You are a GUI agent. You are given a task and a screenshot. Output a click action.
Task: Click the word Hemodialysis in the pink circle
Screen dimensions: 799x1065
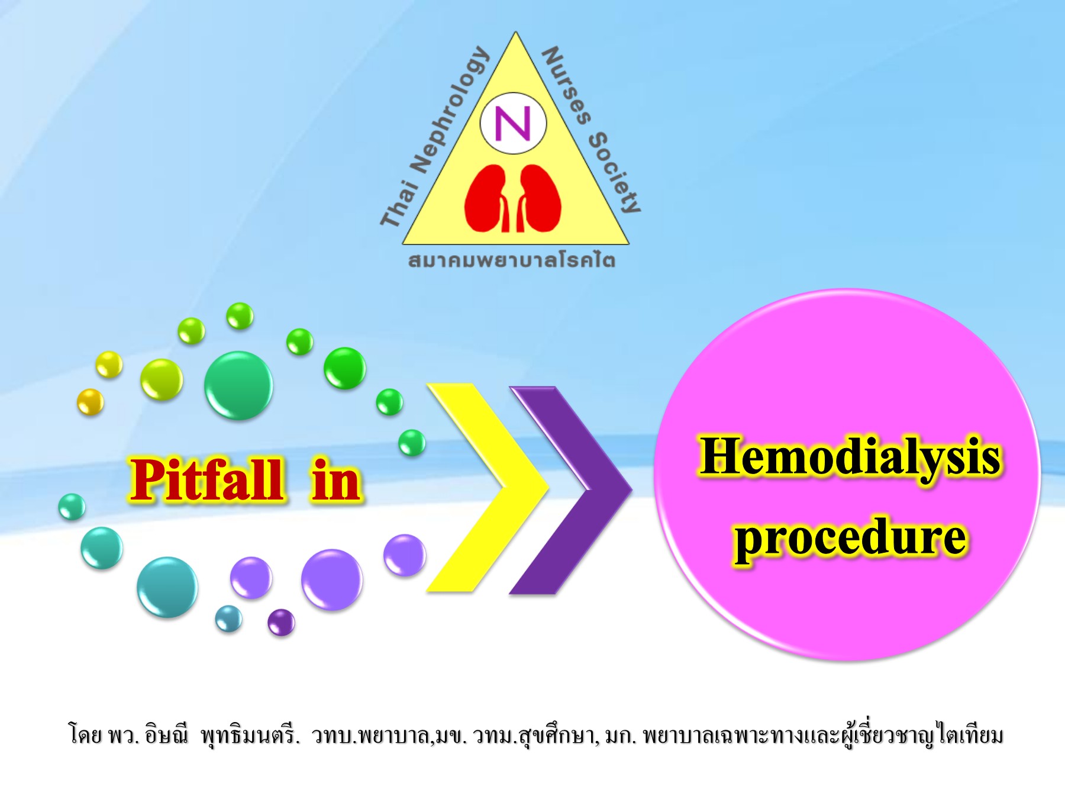(850, 458)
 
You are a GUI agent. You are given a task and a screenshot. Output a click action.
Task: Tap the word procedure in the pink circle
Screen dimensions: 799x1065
(850, 537)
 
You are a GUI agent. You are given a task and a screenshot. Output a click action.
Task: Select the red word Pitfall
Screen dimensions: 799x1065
(206, 481)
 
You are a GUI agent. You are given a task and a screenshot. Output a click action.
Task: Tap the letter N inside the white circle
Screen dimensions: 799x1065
(512, 124)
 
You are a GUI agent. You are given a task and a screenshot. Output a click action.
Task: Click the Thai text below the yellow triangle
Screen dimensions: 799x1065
(512, 260)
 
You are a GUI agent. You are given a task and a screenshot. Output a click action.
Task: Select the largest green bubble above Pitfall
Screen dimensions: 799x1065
(238, 385)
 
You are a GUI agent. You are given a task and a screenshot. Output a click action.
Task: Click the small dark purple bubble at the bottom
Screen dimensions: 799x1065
(281, 622)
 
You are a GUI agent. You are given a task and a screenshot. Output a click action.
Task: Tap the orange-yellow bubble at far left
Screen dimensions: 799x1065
(91, 402)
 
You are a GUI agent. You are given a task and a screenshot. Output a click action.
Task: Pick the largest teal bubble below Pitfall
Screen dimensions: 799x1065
(167, 587)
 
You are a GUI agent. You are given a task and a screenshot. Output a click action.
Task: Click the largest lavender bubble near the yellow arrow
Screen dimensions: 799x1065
(331, 579)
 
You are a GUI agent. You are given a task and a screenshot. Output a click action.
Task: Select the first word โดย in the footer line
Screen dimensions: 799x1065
(86, 736)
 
